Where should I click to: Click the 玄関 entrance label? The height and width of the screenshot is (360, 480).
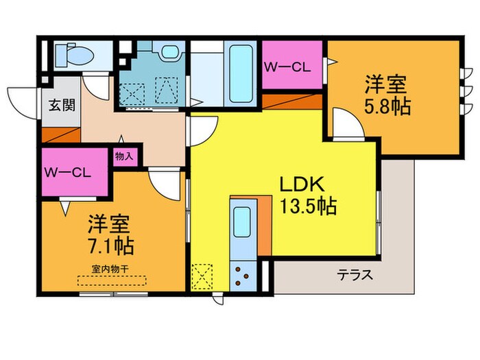point(62,106)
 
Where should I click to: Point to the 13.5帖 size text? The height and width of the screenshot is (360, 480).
point(306,206)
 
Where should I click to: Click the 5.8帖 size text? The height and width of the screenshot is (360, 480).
point(387,108)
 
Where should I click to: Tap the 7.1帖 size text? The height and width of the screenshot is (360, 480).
point(110,244)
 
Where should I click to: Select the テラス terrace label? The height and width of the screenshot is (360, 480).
point(355,276)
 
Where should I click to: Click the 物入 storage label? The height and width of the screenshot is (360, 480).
point(124,156)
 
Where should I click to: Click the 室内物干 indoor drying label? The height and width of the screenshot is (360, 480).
point(110,267)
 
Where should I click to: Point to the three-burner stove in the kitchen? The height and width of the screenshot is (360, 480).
point(243,275)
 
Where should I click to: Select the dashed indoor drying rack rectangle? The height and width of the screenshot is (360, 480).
point(111,281)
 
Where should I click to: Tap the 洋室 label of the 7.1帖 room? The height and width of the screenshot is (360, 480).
point(110,223)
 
